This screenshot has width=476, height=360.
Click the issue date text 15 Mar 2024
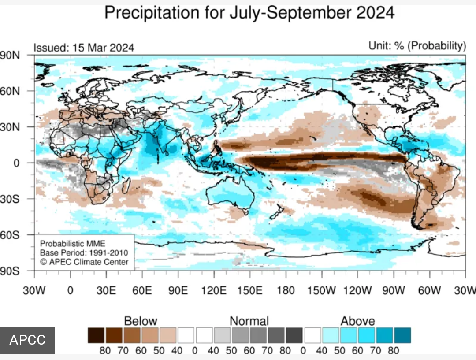pyautogui.click(x=100, y=48)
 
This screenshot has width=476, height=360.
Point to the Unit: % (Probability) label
pyautogui.click(x=417, y=46)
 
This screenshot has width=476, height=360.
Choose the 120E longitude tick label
pyautogui.click(x=214, y=290)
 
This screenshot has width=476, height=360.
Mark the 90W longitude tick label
pyautogui.click(x=393, y=290)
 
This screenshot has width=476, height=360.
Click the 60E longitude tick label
pyautogui.click(x=142, y=290)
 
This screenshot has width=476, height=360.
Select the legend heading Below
pyautogui.click(x=141, y=321)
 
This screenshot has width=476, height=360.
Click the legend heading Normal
pyautogui.click(x=249, y=321)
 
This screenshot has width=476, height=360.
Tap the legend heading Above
pyautogui.click(x=357, y=321)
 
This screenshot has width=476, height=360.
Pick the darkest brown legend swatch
pyautogui.click(x=96, y=335)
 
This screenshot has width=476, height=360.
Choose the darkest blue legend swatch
pyautogui.click(x=402, y=335)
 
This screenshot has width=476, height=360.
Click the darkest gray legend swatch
pyautogui.click(x=294, y=335)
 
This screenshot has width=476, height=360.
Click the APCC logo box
pyautogui.click(x=27, y=340)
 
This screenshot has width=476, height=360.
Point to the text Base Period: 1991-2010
pyautogui.click(x=84, y=253)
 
